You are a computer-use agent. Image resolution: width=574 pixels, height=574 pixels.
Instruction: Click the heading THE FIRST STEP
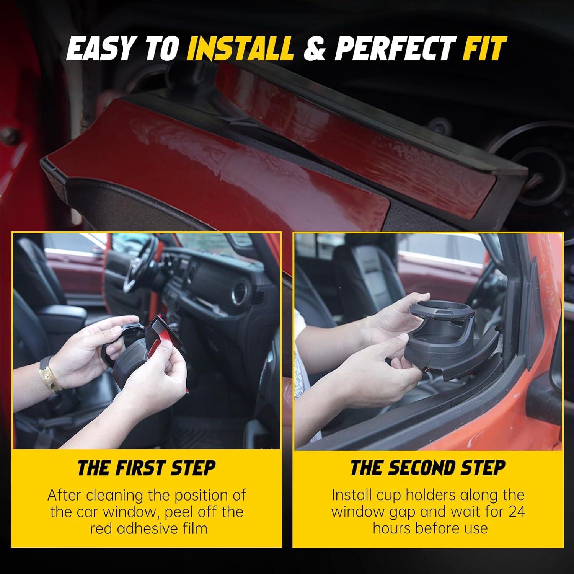147,468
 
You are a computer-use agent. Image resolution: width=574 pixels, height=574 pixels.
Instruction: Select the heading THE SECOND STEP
428,468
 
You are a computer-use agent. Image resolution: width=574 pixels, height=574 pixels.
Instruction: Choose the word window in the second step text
357,512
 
